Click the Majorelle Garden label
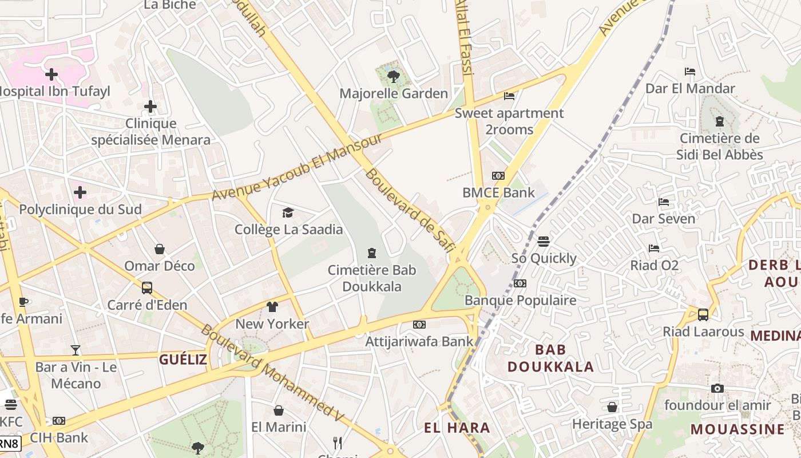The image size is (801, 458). point(394,93)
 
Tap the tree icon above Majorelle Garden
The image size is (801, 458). point(393,76)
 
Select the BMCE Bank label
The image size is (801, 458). point(498,192)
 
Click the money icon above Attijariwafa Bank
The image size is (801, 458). point(419,325)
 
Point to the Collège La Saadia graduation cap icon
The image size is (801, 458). point(288,212)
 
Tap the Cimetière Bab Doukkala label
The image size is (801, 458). point(372,278)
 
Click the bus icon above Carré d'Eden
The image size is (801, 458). point(147,287)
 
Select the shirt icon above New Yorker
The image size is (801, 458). point(272,307)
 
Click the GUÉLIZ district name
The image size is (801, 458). point(183,360)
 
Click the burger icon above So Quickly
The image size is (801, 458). point(544,241)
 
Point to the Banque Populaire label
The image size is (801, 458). point(520,300)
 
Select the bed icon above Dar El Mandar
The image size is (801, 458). point(690,72)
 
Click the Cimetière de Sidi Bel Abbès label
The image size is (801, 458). point(719,147)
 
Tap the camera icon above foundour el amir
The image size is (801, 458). point(717,388)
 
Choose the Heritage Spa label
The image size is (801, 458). point(612,424)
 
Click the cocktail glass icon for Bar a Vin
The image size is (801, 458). point(76,350)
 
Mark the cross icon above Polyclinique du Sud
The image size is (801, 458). point(80,192)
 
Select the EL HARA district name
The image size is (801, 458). point(457,428)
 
